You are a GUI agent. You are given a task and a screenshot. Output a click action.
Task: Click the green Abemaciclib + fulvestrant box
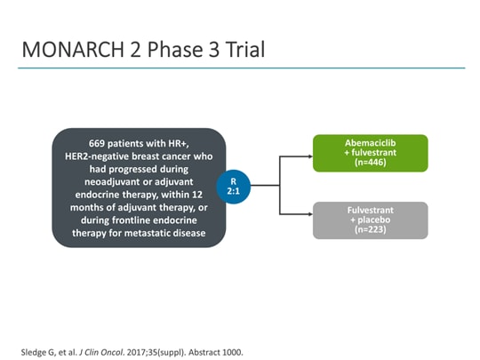pyautogui.click(x=370, y=153)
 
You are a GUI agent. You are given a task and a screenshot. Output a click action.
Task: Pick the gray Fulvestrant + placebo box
pyautogui.click(x=370, y=220)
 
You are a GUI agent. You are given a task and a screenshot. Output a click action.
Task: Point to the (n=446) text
pyautogui.click(x=370, y=163)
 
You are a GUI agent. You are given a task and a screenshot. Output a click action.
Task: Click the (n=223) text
pyautogui.click(x=370, y=230)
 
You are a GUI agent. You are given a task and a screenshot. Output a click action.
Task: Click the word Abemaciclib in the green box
pyautogui.click(x=370, y=142)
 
